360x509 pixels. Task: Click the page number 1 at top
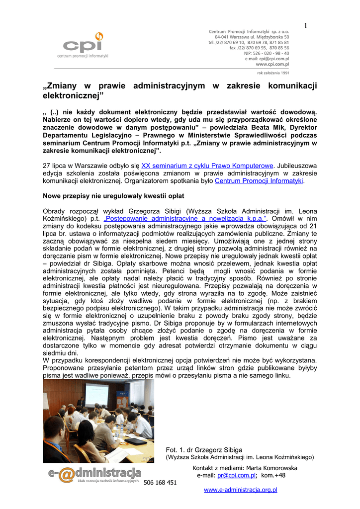(305, 25)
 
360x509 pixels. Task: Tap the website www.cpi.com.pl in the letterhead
(272, 64)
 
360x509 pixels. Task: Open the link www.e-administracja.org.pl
(241, 490)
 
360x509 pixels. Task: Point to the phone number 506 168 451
(160, 483)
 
